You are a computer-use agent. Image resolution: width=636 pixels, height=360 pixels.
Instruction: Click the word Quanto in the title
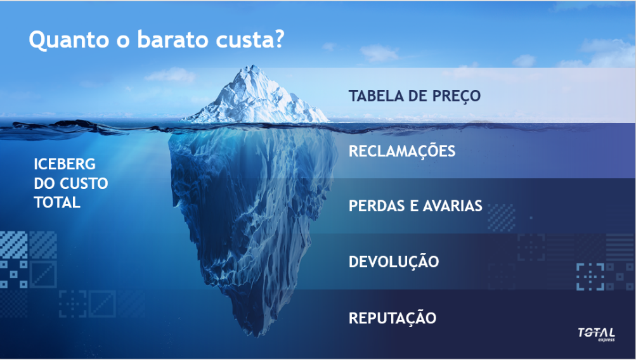[x=69, y=40]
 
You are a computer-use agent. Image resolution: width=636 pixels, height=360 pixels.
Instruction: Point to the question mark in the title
[x=278, y=39]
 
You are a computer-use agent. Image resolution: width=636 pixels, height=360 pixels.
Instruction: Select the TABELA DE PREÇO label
[x=415, y=96]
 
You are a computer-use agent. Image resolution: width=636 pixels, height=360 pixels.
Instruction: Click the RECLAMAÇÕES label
[x=402, y=151]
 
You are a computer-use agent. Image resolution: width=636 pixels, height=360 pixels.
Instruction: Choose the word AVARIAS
[x=453, y=205]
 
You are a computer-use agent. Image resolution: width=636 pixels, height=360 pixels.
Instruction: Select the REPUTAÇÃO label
[x=393, y=317]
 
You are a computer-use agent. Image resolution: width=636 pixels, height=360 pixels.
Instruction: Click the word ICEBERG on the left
[x=65, y=164]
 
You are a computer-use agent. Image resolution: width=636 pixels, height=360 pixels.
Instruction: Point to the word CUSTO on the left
[x=84, y=183]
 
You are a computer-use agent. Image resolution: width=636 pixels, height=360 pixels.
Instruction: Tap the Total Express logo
[x=596, y=335]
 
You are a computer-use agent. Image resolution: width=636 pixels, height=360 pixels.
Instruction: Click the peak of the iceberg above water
[x=252, y=66]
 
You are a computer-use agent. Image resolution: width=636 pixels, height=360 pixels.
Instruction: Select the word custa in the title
[x=243, y=39]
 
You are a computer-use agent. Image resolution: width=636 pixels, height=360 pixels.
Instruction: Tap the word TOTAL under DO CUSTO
[x=57, y=202]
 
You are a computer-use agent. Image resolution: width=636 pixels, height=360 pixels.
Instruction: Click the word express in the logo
[x=606, y=339]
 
